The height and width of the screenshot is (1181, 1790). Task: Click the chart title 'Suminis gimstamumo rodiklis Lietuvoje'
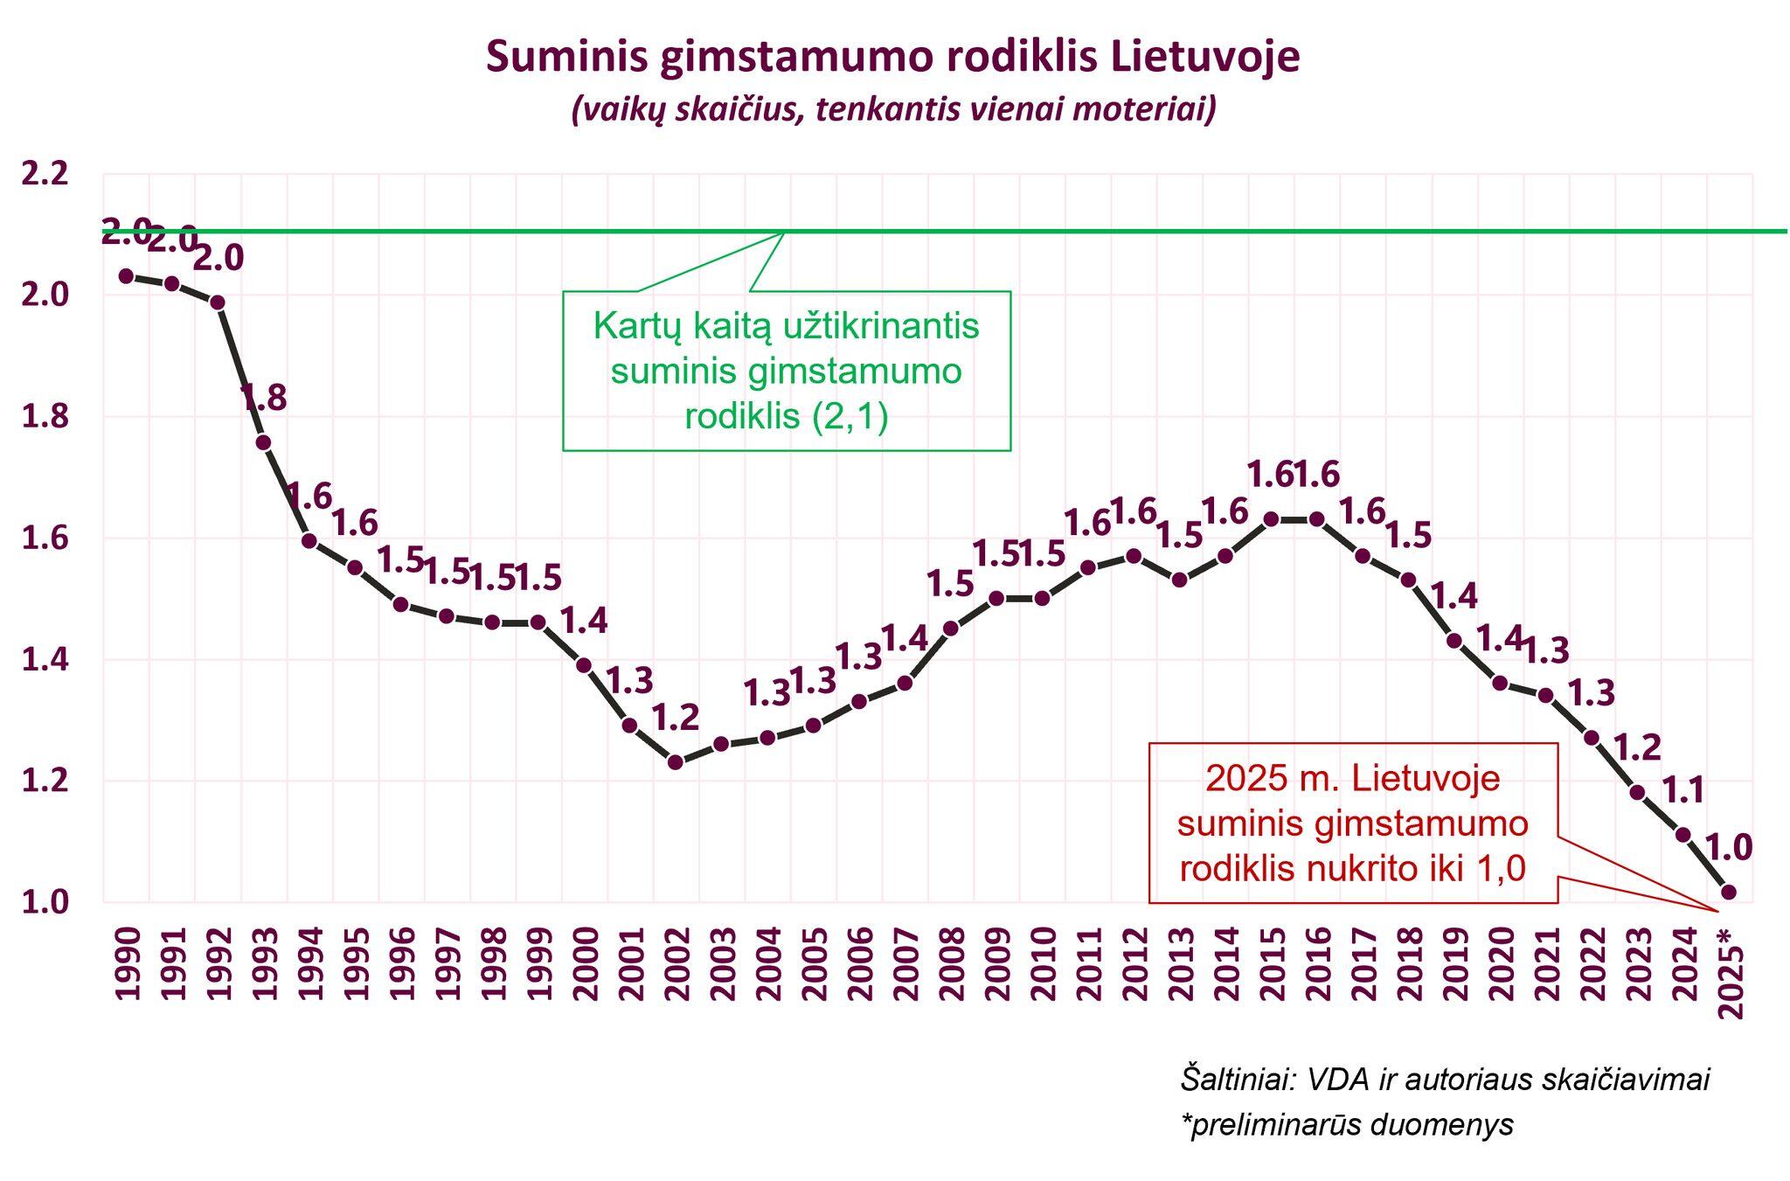[892, 57]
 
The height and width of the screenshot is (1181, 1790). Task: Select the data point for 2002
[675, 762]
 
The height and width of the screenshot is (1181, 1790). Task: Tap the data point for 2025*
[1728, 892]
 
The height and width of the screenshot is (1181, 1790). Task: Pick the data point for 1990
[126, 276]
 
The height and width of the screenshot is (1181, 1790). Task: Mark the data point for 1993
[263, 442]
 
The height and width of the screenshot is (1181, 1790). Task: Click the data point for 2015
[1272, 519]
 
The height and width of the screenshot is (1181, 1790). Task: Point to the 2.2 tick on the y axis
[45, 174]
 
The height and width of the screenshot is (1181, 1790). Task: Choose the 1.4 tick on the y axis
[45, 660]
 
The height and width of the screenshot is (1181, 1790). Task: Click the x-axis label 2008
[952, 963]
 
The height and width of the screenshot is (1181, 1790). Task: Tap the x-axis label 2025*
[1730, 972]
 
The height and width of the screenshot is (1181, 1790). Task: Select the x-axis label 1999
[539, 963]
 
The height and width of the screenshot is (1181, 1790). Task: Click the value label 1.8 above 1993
[263, 399]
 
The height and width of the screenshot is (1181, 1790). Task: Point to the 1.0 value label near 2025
[1728, 847]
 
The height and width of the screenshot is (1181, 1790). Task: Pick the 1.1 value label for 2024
[1682, 791]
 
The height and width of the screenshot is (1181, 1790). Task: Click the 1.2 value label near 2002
[676, 718]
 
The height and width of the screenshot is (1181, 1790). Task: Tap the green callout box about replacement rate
[786, 371]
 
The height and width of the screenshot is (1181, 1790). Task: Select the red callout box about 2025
[1352, 823]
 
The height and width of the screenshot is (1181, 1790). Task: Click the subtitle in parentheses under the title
[893, 111]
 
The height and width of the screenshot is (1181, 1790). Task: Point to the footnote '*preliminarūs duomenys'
[1346, 1124]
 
